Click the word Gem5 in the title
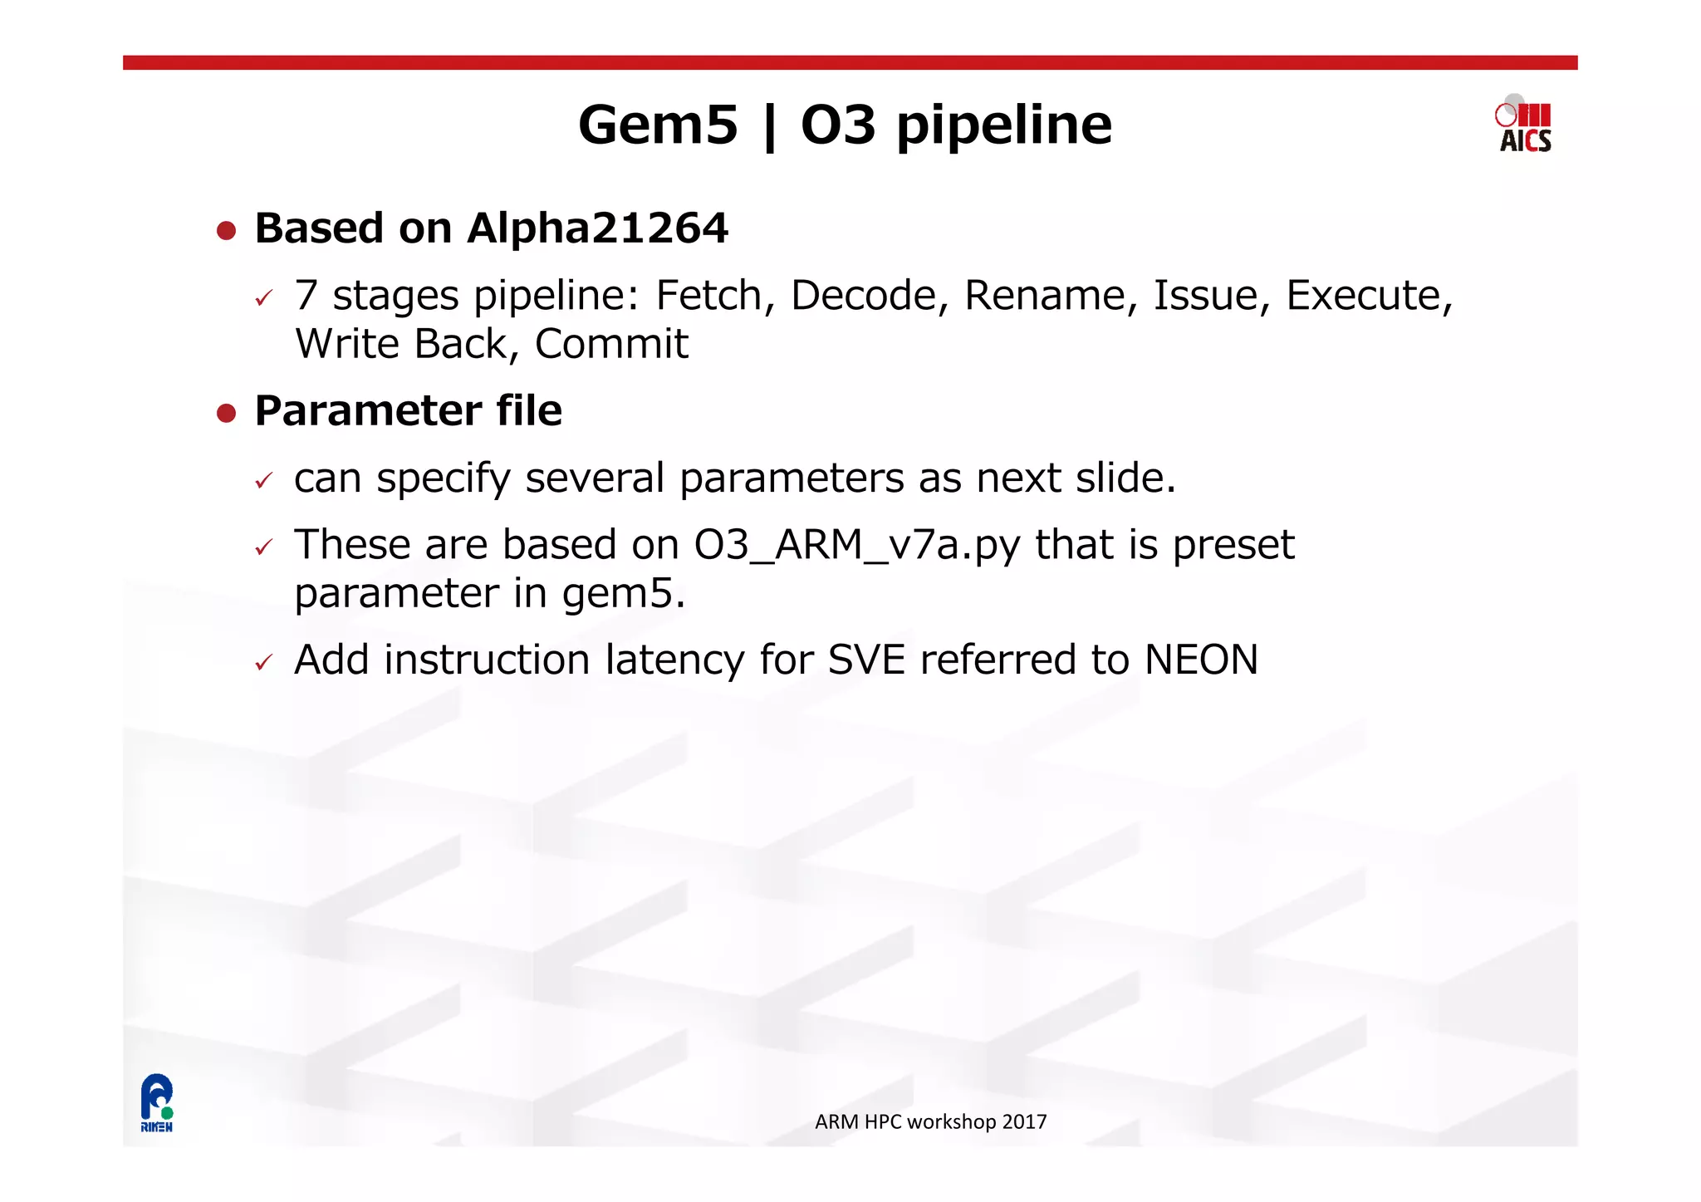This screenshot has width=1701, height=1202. tap(658, 125)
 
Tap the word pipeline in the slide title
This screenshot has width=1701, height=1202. tap(1004, 126)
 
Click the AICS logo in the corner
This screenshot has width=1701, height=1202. tap(1524, 126)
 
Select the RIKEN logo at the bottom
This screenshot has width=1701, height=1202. tap(156, 1102)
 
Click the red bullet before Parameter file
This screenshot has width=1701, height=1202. tap(226, 413)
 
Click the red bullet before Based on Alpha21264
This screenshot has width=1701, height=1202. tap(226, 230)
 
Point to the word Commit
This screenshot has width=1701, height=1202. tap(611, 344)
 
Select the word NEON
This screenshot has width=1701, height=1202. tap(1201, 660)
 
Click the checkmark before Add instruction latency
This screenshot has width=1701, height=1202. tap(264, 663)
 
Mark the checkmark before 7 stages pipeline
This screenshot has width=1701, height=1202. tap(264, 298)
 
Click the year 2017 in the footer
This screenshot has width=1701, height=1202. tap(1024, 1121)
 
